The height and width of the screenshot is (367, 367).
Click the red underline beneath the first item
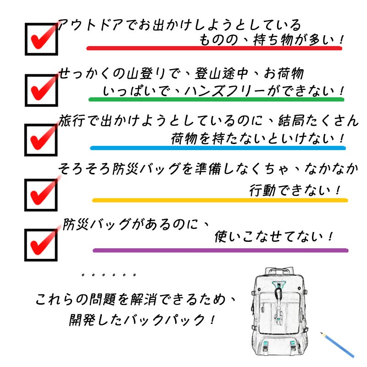214,48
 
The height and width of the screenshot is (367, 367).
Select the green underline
216,99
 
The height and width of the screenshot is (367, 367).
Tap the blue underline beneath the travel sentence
218,148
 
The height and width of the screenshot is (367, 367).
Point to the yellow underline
220,200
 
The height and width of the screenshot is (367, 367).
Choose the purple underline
221,250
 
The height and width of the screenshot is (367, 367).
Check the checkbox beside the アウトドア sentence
41,39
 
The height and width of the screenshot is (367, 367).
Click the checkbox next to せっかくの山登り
41,90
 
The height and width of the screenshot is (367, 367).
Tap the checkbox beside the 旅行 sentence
41,140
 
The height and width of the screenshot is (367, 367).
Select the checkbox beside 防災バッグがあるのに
41,245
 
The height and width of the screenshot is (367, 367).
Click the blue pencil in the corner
337,345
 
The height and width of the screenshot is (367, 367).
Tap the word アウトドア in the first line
90,25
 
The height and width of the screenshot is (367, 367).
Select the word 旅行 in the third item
72,121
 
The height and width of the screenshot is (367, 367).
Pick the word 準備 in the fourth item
208,168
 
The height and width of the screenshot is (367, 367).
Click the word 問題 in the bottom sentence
103,300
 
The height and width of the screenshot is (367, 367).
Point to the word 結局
291,121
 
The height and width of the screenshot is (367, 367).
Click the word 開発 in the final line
82,320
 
